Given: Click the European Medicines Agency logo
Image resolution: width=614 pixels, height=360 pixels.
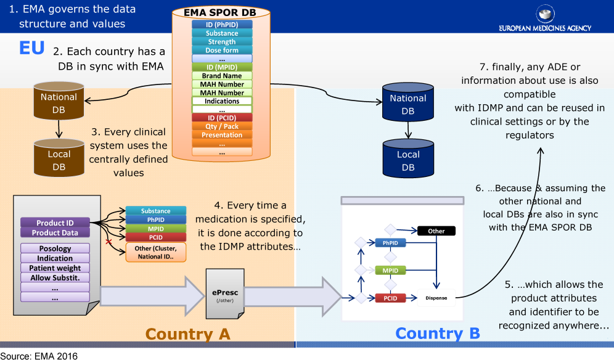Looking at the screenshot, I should (x=545, y=18).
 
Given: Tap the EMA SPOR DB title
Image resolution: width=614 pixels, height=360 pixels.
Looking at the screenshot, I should (x=222, y=12).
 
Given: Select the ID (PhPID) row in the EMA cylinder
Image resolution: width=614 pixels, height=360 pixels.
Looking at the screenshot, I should (x=222, y=25).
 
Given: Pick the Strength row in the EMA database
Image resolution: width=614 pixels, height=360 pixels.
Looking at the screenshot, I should (x=222, y=42).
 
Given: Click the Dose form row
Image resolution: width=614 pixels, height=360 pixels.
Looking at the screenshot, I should (x=222, y=51).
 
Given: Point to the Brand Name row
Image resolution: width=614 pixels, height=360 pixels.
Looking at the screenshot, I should (x=222, y=76).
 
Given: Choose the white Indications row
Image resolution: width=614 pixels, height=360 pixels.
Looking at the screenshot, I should (x=222, y=101).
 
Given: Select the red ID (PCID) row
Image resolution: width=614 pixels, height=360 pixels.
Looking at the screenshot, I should (x=222, y=118).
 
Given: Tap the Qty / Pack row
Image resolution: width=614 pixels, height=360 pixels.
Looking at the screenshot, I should (x=222, y=126).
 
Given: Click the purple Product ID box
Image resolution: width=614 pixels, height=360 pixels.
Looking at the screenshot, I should (x=55, y=223).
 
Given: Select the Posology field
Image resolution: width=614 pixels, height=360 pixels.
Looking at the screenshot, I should (x=55, y=248).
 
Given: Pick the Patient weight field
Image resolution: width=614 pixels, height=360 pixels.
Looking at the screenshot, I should (x=55, y=268).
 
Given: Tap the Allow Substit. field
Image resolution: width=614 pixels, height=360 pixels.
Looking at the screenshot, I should (x=55, y=277).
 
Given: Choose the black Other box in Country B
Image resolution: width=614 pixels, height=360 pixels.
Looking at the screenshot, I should (x=436, y=231).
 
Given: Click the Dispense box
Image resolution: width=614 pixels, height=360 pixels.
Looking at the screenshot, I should (x=436, y=298).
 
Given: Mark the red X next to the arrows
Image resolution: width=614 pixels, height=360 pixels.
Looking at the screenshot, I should (x=109, y=242).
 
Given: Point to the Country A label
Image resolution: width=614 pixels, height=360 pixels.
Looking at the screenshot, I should (x=187, y=333).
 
